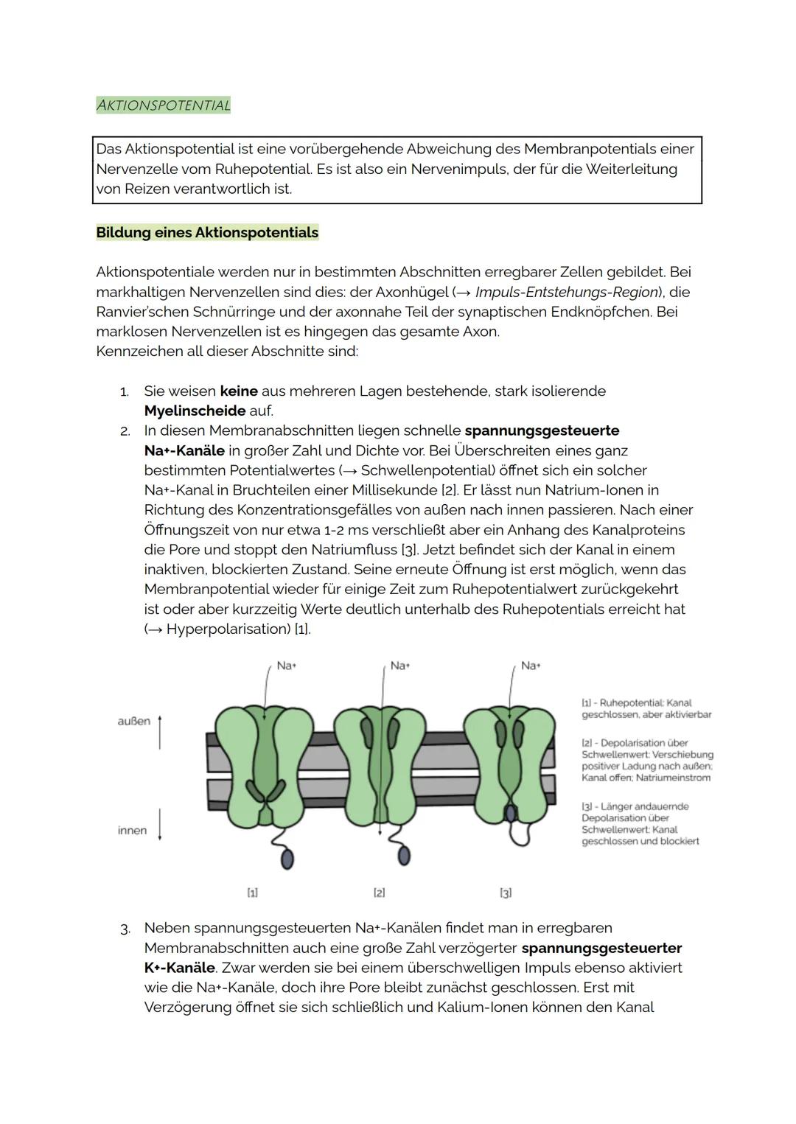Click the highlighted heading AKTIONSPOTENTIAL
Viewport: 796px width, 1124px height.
(x=164, y=105)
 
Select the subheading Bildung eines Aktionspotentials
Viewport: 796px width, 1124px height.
(x=207, y=233)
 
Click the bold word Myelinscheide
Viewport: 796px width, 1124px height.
(x=195, y=411)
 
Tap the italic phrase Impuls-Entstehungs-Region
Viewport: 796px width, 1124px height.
(x=566, y=292)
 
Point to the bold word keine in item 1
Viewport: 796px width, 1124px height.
(x=239, y=391)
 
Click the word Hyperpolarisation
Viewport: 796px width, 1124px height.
(x=228, y=629)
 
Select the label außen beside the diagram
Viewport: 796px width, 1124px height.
(x=133, y=721)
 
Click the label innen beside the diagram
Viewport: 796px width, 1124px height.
(x=132, y=831)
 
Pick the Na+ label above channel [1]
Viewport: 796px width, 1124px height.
(x=286, y=666)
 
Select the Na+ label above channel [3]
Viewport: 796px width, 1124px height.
(x=531, y=666)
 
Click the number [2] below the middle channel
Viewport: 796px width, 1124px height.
(x=379, y=893)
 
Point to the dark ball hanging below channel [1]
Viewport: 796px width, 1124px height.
(x=287, y=859)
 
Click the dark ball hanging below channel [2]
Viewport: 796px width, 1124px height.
(x=403, y=855)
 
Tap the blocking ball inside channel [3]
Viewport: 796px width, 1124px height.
(x=510, y=812)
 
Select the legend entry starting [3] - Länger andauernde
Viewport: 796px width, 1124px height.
(x=640, y=823)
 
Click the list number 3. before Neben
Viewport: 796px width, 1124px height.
(x=125, y=929)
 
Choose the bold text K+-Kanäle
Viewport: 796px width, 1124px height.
(x=180, y=968)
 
